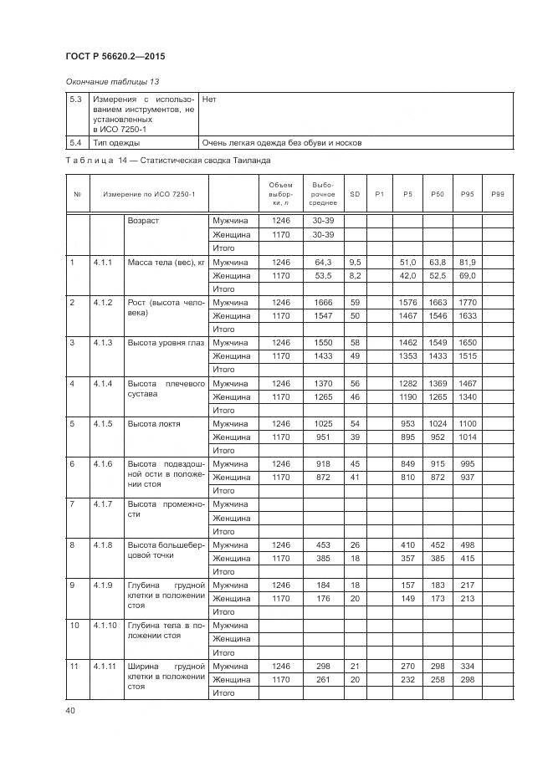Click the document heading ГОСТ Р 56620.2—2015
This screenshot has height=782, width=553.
(x=115, y=56)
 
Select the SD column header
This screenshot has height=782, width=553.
(x=355, y=194)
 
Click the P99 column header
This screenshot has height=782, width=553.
(x=498, y=194)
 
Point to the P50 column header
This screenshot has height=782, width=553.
(x=437, y=194)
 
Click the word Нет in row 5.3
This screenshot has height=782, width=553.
(x=209, y=99)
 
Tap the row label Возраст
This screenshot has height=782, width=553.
(x=143, y=221)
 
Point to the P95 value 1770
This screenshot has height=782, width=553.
(x=467, y=302)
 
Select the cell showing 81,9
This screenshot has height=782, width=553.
(x=467, y=262)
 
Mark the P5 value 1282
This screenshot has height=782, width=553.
(x=408, y=383)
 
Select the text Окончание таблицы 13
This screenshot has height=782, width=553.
(x=112, y=81)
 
